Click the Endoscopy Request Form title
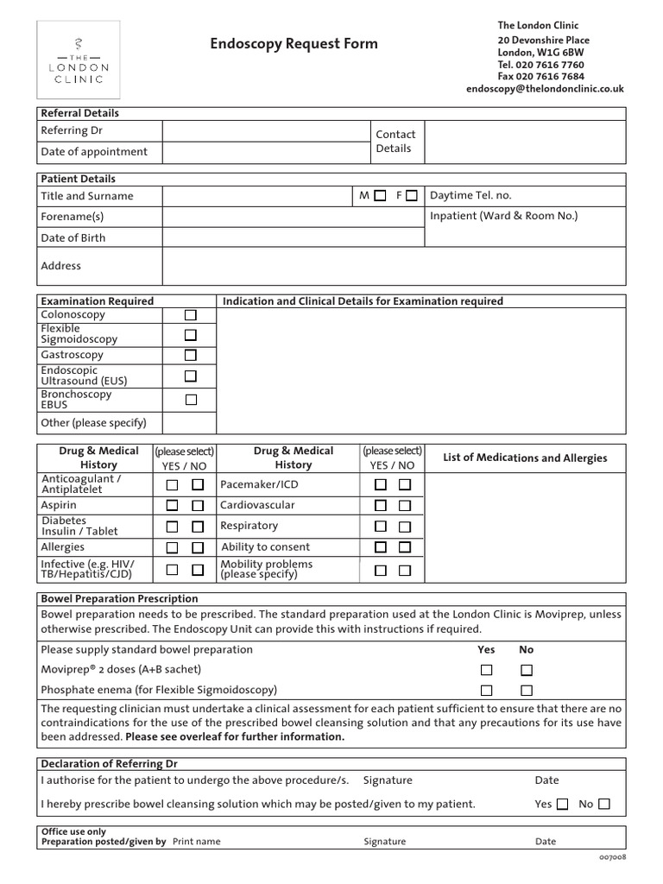coord(294,45)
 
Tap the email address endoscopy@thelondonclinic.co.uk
coord(545,88)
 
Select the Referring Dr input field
coord(265,131)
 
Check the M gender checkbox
coord(381,196)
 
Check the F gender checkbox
coord(412,196)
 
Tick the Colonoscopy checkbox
coord(191,315)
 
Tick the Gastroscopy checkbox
coord(191,355)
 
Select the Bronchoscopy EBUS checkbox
coord(191,399)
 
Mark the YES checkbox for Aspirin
coord(173,505)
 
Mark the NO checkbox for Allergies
coord(198,547)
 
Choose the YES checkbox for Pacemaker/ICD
coord(380,485)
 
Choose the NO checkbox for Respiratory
coord(405,526)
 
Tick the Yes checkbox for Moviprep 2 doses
coord(487,670)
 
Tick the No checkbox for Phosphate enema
coord(527,690)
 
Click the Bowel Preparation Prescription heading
coord(120,598)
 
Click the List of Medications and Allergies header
coord(525,458)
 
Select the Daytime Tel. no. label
coord(470,196)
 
